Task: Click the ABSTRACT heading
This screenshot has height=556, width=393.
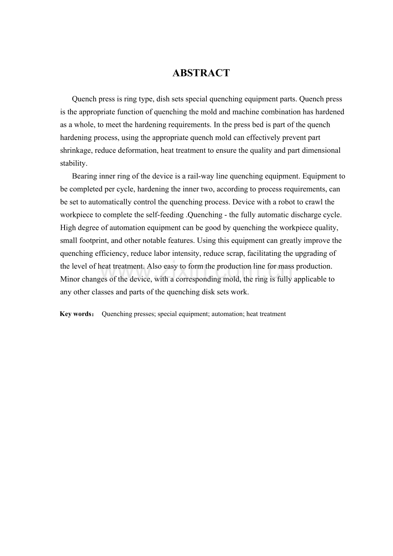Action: coord(201,73)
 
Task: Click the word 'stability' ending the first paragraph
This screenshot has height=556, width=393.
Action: coord(73,163)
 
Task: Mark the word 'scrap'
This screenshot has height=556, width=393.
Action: coord(236,253)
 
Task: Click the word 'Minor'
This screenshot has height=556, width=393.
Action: coord(70,279)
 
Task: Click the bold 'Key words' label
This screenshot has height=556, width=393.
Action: coord(75,314)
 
